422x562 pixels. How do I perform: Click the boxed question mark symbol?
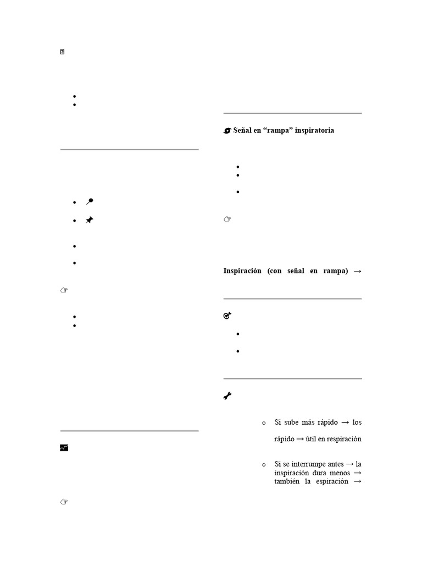63,52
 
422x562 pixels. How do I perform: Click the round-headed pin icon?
90,202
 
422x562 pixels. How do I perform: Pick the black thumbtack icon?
90,220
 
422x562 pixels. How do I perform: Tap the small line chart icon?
64,448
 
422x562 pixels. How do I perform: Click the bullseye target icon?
227,316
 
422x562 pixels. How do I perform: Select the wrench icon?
227,396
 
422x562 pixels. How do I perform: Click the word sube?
292,423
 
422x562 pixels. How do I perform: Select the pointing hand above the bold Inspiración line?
227,220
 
